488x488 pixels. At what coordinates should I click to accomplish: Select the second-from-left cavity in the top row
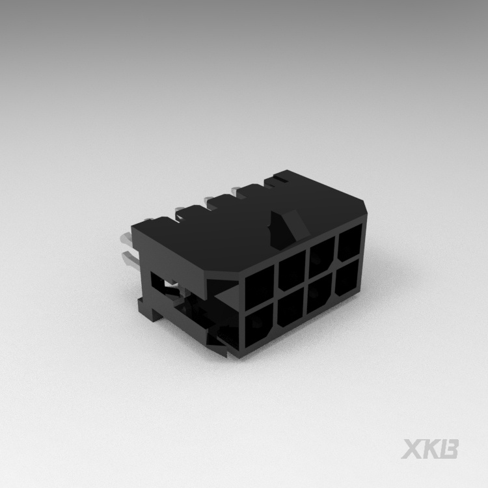click(x=291, y=273)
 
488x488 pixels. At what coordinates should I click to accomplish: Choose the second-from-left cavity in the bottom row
click(x=291, y=311)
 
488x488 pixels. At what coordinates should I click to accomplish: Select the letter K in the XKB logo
click(x=433, y=449)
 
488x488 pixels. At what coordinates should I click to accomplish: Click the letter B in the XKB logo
click(x=450, y=449)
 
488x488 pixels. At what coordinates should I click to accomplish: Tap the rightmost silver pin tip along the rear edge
click(x=242, y=189)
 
